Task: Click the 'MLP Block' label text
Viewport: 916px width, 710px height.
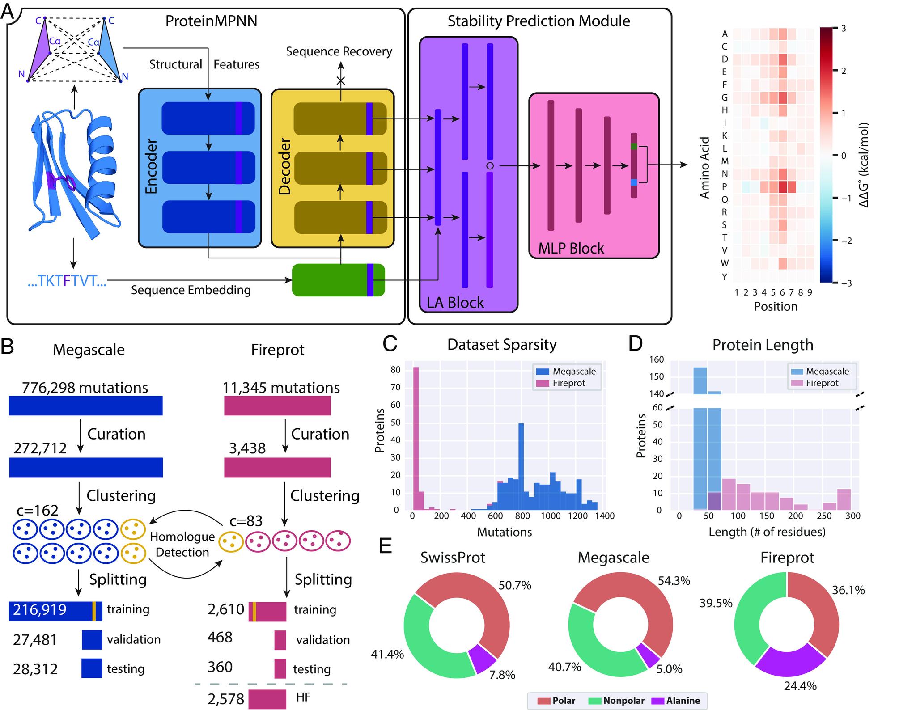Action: pyautogui.click(x=571, y=248)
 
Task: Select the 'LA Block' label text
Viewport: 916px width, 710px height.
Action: pyautogui.click(x=455, y=303)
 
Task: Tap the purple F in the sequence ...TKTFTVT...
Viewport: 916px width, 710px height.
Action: pyautogui.click(x=67, y=281)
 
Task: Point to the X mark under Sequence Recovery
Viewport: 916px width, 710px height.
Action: pyautogui.click(x=341, y=80)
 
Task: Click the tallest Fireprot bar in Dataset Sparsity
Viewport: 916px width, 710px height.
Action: pyautogui.click(x=416, y=438)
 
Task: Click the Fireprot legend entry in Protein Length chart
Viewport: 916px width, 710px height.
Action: pyautogui.click(x=822, y=383)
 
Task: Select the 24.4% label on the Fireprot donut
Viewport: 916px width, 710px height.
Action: pyautogui.click(x=800, y=685)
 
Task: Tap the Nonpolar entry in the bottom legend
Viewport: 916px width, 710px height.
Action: pyautogui.click(x=623, y=701)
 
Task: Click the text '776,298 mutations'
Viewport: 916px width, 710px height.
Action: pyautogui.click(x=85, y=387)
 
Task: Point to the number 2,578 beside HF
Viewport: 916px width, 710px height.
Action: pyautogui.click(x=226, y=698)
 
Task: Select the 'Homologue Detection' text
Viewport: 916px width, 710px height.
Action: pyautogui.click(x=182, y=544)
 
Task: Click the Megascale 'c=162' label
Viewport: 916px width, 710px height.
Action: pyautogui.click(x=38, y=510)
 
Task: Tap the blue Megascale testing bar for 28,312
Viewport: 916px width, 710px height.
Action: pyautogui.click(x=92, y=668)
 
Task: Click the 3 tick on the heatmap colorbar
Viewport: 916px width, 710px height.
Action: pyautogui.click(x=844, y=29)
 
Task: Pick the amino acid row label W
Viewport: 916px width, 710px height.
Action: pyautogui.click(x=725, y=263)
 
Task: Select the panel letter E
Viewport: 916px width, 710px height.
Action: pyautogui.click(x=386, y=546)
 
